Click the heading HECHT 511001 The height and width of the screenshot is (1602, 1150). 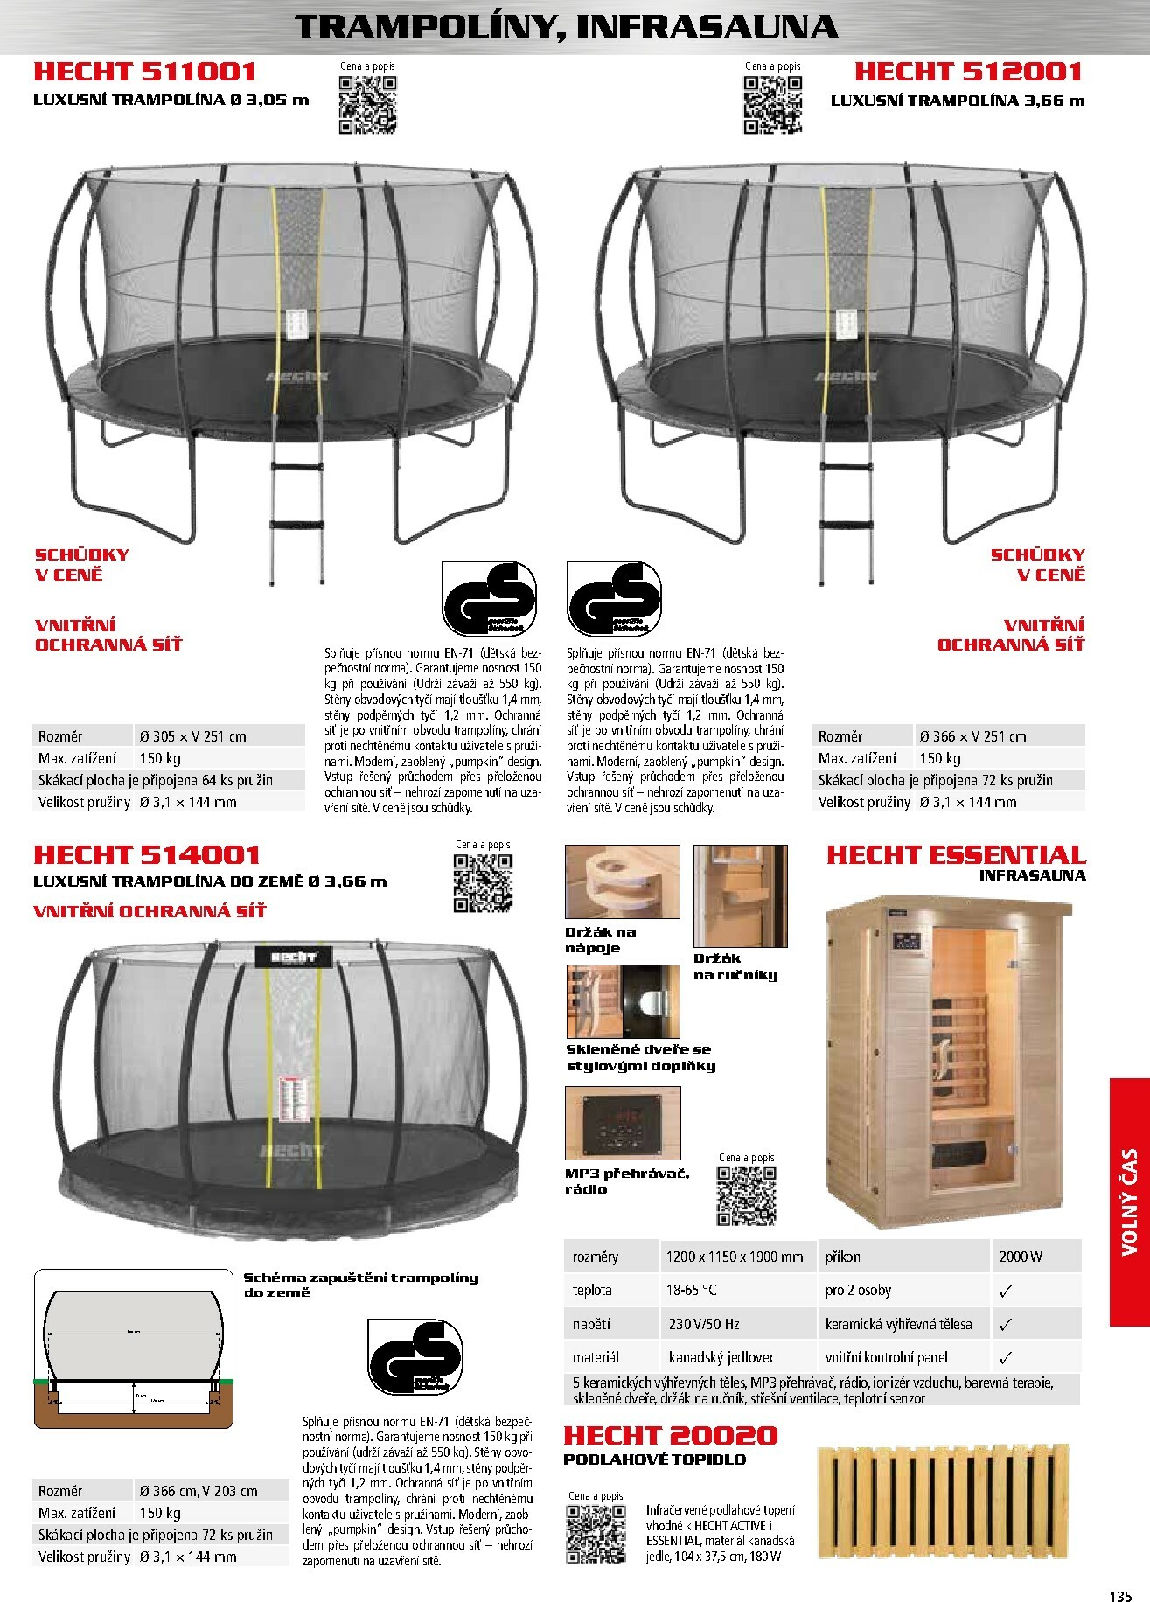coord(145,72)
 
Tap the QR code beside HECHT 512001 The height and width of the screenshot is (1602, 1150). coord(772,105)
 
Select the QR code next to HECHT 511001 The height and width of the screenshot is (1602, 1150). coord(367,105)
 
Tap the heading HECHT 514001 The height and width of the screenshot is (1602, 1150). coord(147,854)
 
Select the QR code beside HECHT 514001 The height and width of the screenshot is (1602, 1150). coord(483,883)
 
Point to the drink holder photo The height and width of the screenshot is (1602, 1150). coord(622,881)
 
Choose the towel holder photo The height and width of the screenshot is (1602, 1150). coord(740,895)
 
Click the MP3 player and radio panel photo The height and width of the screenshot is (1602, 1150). coord(622,1123)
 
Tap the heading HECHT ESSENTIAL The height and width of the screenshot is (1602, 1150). coord(956,854)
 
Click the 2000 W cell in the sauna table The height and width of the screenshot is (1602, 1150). coord(1035,1257)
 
